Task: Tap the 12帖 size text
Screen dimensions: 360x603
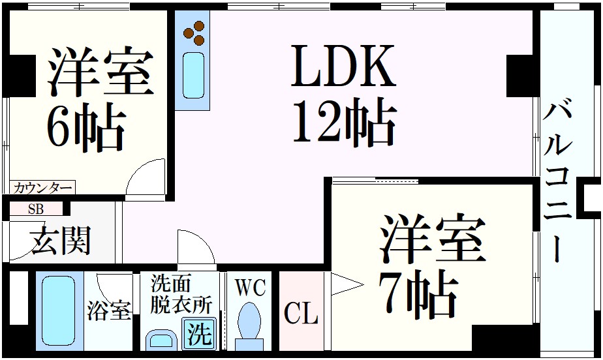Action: (x=344, y=122)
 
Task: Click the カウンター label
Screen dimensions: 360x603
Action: (x=42, y=188)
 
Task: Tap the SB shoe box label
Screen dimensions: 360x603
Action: (x=37, y=209)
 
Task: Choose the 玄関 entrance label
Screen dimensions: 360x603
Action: (x=60, y=241)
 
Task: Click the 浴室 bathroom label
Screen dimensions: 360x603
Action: (x=109, y=310)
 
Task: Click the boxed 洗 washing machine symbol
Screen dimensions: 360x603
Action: (x=200, y=335)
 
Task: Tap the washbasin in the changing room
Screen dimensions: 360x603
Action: (x=160, y=340)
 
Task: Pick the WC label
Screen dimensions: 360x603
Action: (x=251, y=288)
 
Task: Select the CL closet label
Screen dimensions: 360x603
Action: (x=301, y=314)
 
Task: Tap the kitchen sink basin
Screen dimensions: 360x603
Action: (x=193, y=76)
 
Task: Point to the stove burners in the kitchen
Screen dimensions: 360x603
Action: (x=194, y=33)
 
